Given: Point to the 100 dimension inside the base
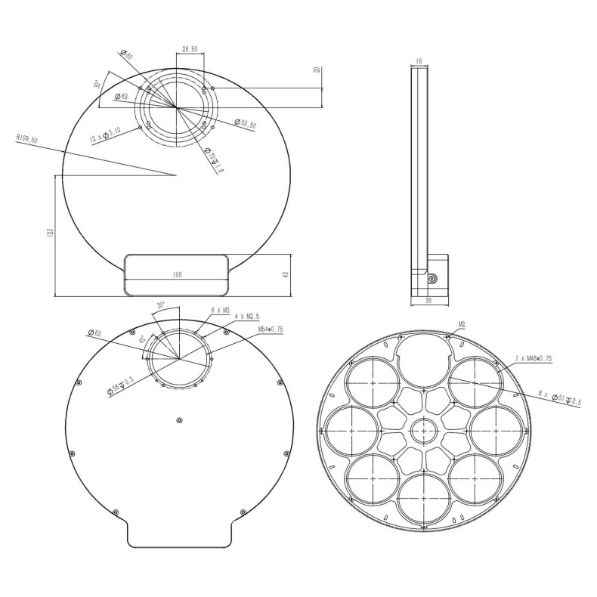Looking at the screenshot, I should pos(177,275).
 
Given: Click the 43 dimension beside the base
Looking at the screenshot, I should pos(285,275).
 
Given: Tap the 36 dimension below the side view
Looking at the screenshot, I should pos(429,301).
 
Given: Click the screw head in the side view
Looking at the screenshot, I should pos(432,278).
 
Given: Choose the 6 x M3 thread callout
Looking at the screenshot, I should pos(220,310).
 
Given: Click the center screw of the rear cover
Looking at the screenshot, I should pos(178,420).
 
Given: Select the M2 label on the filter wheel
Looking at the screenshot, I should pos(462,324).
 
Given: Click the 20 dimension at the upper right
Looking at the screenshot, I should pos(318,70).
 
